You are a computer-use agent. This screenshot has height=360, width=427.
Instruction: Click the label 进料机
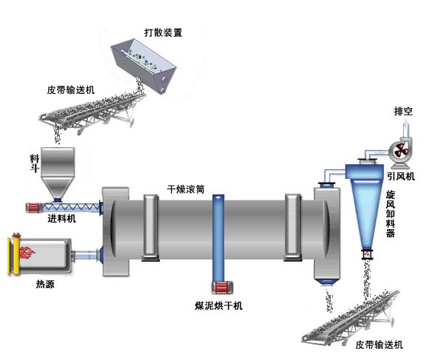(x=61, y=220)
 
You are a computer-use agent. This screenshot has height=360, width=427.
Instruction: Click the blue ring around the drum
(x=218, y=237)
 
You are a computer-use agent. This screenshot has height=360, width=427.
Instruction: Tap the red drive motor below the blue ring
(x=219, y=289)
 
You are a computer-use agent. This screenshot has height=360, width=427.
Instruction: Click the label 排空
(x=403, y=112)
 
